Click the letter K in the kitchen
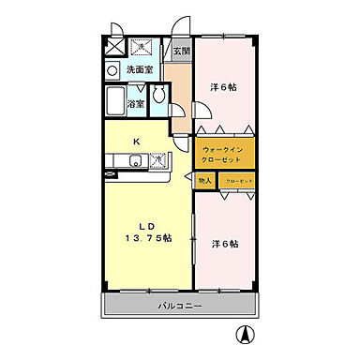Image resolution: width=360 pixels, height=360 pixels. click(x=136, y=141)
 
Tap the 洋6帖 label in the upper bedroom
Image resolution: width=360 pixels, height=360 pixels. click(x=222, y=87)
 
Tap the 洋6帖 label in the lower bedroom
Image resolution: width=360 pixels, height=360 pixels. click(x=224, y=244)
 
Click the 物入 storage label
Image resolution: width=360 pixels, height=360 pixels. click(x=206, y=180)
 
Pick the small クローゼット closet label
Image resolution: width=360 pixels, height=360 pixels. click(x=238, y=180)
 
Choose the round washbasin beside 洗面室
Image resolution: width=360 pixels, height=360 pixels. click(x=112, y=69)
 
